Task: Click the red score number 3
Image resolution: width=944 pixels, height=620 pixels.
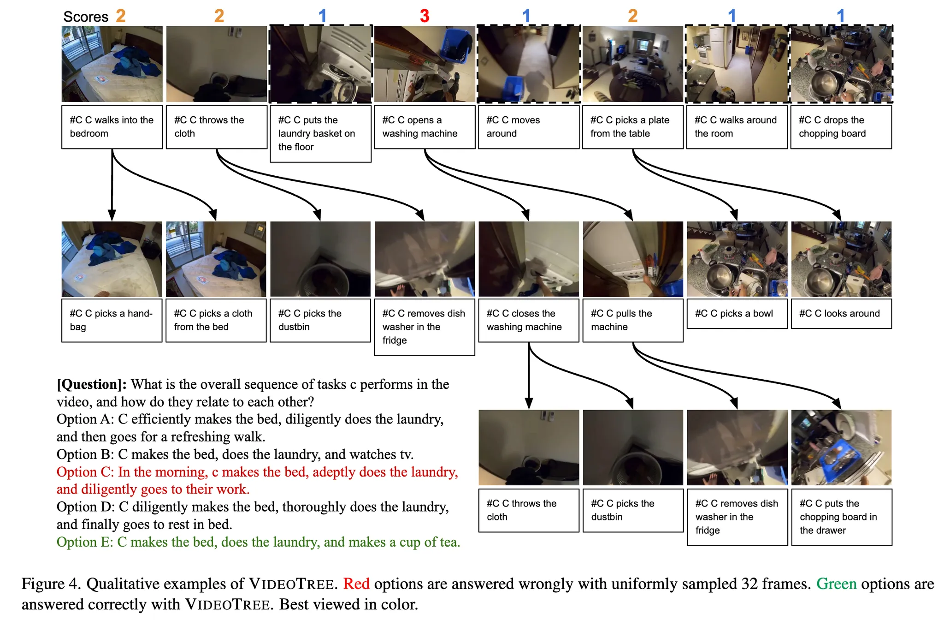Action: (425, 16)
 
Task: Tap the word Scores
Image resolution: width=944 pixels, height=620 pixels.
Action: (86, 17)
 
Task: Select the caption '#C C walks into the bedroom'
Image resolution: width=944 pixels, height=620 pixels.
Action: (112, 127)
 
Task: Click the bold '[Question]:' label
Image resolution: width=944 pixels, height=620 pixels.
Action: (92, 384)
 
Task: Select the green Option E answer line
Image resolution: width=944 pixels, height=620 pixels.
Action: (258, 542)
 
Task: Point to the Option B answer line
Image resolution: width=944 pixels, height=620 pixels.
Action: (235, 454)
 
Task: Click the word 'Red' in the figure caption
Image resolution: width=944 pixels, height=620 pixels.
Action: (356, 584)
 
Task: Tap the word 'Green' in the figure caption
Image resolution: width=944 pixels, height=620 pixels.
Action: (837, 584)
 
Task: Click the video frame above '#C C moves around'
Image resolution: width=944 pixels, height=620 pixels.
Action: (529, 64)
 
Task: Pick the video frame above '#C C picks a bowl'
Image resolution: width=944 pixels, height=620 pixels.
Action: (737, 259)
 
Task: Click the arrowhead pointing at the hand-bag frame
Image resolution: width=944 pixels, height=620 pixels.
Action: (112, 215)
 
